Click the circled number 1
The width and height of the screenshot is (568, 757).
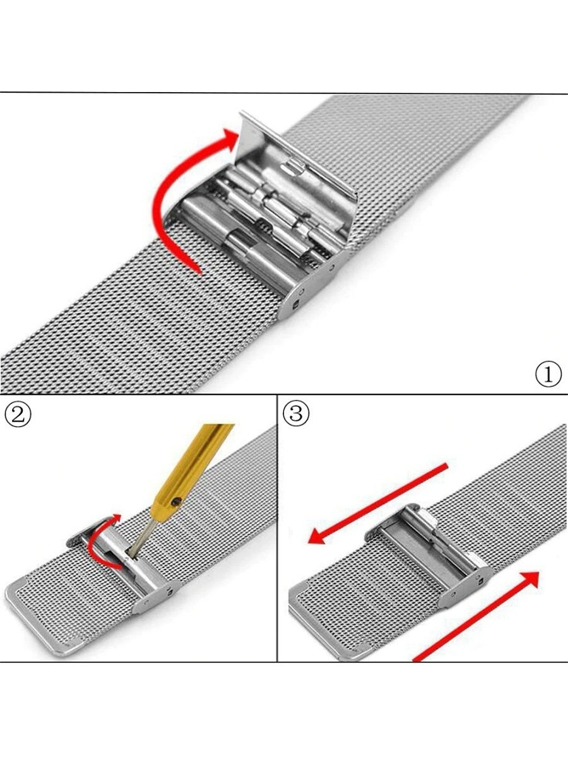548,374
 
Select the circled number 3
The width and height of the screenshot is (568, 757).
296,413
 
